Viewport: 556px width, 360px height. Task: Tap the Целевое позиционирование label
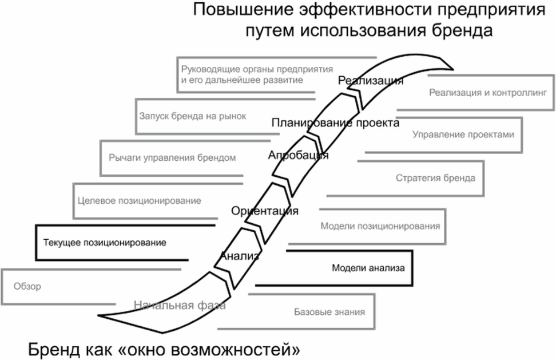point(140,201)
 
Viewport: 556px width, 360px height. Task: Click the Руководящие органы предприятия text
point(257,69)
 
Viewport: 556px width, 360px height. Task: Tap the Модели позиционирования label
point(380,226)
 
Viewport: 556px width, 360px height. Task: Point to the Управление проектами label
point(463,134)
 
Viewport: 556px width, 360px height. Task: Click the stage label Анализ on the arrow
point(240,255)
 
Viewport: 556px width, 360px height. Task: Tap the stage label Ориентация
point(264,211)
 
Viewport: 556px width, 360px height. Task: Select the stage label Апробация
point(298,155)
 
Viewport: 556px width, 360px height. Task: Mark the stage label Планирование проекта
point(335,122)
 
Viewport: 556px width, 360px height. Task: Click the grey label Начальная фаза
point(180,305)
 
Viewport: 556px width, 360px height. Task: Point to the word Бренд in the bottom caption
point(54,350)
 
